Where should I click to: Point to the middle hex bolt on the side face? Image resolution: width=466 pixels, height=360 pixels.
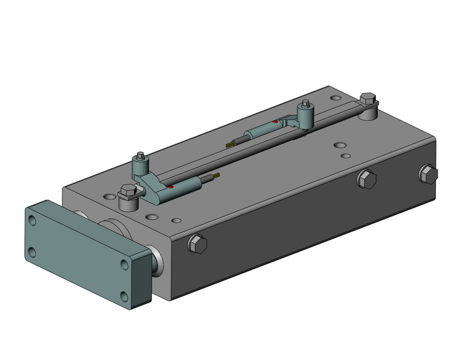point(366,180)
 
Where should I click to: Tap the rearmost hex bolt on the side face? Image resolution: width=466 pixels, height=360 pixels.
point(429,174)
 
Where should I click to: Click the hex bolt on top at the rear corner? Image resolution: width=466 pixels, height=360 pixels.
point(368,100)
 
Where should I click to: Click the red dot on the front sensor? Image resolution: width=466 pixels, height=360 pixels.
point(172,186)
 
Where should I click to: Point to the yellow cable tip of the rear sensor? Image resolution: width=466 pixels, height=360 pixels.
point(229,144)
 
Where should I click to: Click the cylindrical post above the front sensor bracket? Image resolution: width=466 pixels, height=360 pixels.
point(141,164)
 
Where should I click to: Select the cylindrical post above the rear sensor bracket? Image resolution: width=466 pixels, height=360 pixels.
point(305,113)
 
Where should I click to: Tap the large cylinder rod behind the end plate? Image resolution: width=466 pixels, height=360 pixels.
point(116,226)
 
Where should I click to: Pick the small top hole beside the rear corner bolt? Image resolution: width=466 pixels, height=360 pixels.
point(335,97)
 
